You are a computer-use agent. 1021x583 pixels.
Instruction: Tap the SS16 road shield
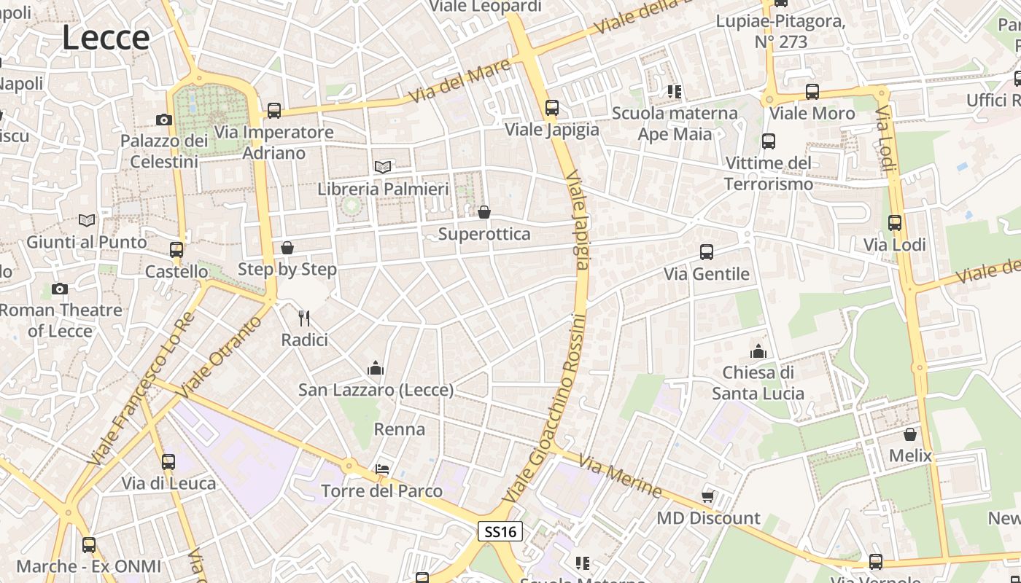click(500, 531)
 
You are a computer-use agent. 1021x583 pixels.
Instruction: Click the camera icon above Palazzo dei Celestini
click(164, 120)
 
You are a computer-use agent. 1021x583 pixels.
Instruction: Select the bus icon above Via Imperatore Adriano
click(274, 111)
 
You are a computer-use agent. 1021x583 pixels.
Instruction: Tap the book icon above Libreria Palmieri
click(383, 167)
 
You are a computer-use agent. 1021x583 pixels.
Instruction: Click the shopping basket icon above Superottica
click(484, 212)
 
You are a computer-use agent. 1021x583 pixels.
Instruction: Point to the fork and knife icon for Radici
click(304, 318)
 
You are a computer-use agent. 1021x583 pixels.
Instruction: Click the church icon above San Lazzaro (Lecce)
click(376, 368)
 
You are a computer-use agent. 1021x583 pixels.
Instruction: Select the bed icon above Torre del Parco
click(382, 469)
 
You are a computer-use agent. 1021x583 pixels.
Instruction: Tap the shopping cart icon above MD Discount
click(707, 496)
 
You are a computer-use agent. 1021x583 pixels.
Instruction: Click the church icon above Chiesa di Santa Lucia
click(758, 351)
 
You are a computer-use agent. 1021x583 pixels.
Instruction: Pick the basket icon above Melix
click(910, 434)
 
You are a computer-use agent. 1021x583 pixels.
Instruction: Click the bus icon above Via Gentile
click(706, 252)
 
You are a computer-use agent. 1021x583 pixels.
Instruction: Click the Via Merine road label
click(620, 475)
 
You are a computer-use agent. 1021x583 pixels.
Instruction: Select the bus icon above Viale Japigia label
click(552, 108)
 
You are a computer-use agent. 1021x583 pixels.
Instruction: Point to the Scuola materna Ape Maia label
click(675, 123)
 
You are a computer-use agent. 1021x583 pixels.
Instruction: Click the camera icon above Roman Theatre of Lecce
click(60, 289)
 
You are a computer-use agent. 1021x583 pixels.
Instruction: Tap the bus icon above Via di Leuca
click(168, 461)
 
